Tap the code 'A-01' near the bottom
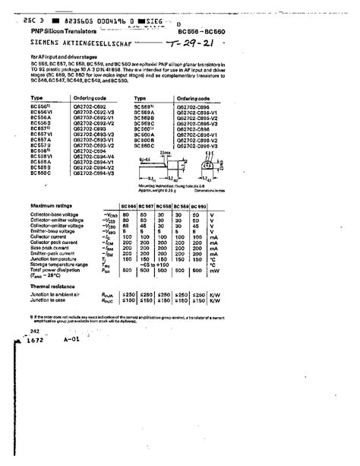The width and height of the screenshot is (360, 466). pos(72,341)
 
